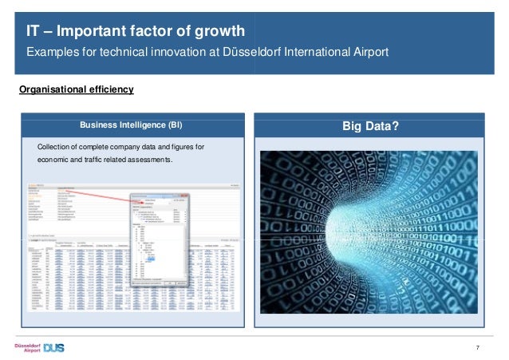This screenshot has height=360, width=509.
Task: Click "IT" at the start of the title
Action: pos(33,32)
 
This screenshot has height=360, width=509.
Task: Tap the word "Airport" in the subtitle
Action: pos(366,53)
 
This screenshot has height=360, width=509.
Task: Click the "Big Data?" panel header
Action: pos(370,125)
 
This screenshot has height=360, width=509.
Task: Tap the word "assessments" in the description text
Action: pos(144,160)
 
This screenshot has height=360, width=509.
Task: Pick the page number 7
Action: pos(477,346)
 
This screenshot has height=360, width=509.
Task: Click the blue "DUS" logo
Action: pos(55,347)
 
